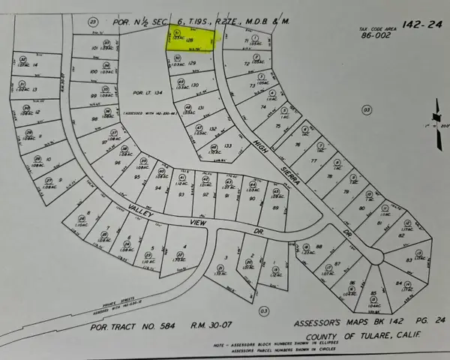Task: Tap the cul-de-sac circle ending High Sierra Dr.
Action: tap(374, 257)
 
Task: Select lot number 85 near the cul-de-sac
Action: tap(353, 292)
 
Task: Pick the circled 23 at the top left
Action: tap(94, 22)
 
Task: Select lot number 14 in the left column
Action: tap(35, 64)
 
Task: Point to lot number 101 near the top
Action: tap(94, 47)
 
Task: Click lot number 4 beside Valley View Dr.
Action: tap(184, 247)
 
